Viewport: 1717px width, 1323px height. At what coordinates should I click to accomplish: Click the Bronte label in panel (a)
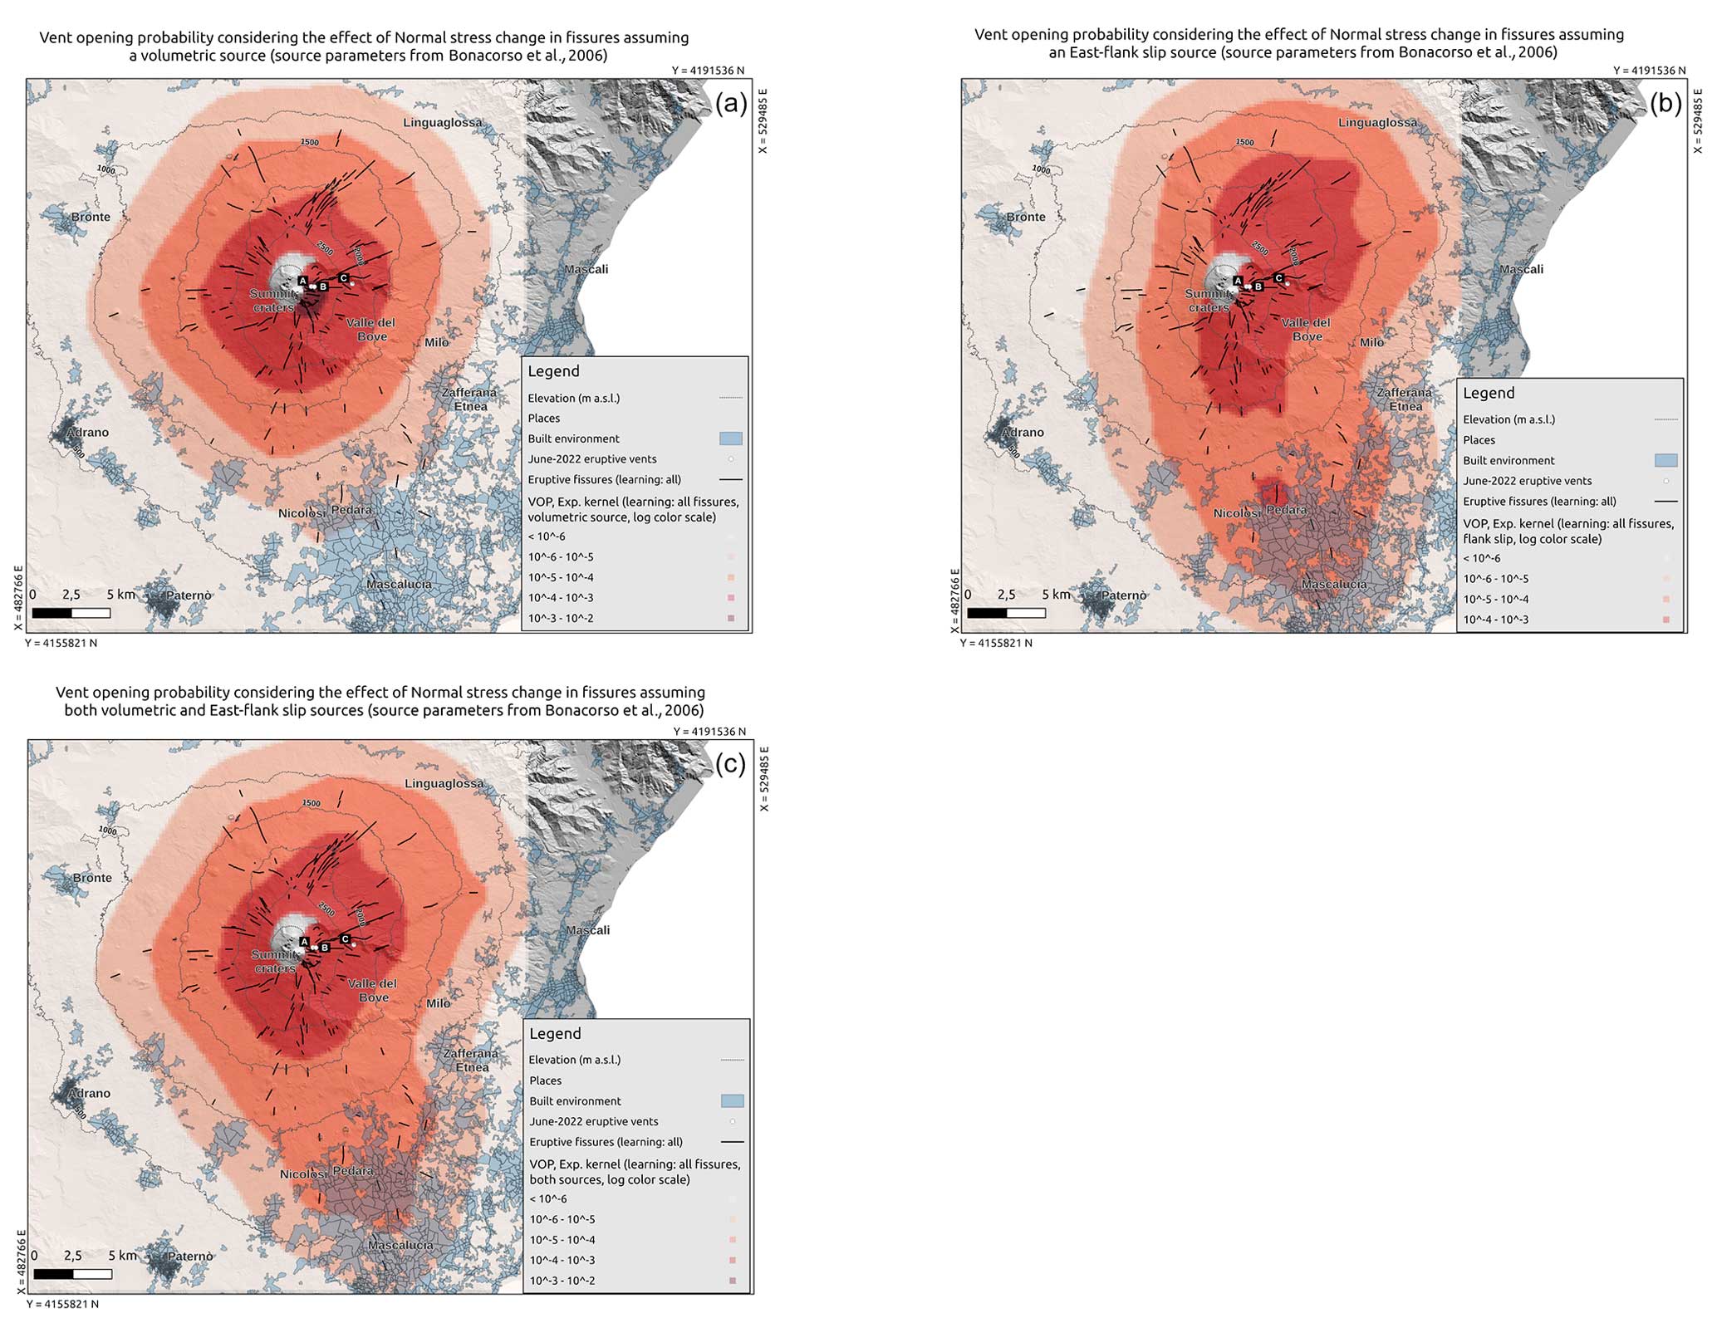[x=91, y=217]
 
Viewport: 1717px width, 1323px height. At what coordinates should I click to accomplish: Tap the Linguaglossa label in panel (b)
[x=1377, y=123]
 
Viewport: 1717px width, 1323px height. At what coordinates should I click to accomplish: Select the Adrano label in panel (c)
[x=89, y=1093]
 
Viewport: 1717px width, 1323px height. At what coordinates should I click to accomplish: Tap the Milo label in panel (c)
[x=438, y=1003]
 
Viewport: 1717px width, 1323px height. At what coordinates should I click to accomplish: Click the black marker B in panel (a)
[x=323, y=286]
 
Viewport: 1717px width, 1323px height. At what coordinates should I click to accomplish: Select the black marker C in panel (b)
[x=1278, y=278]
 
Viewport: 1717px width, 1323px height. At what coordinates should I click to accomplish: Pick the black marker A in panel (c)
[x=304, y=942]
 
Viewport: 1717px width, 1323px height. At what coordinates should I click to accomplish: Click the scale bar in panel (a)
[x=71, y=613]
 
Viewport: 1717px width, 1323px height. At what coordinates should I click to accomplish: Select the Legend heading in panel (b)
[x=1488, y=393]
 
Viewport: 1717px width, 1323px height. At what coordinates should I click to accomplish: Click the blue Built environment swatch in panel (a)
[x=730, y=439]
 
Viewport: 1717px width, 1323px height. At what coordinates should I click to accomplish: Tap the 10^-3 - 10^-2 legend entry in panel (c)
[x=562, y=1280]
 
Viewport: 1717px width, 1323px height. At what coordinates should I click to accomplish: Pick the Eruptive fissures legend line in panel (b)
[x=1665, y=501]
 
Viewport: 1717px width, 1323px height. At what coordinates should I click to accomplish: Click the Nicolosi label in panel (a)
[x=302, y=513]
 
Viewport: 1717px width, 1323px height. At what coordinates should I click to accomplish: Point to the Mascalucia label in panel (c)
[x=400, y=1245]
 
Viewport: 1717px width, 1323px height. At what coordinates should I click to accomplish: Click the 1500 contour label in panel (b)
[x=1244, y=142]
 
